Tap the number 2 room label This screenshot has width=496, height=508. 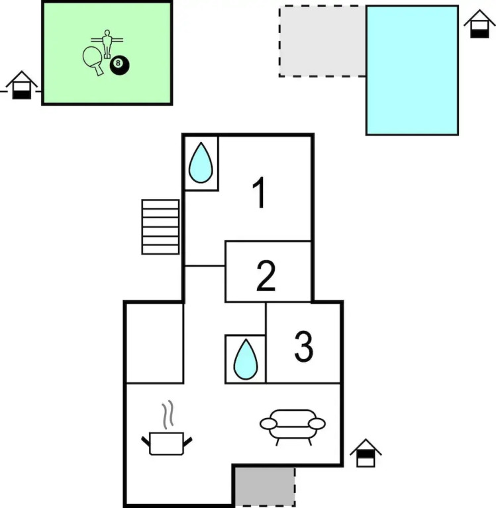(x=266, y=276)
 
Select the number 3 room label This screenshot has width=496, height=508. (x=304, y=346)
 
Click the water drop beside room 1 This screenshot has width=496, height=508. (x=201, y=163)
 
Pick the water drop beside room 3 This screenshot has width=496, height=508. (x=246, y=359)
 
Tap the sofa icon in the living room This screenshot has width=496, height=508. (x=293, y=427)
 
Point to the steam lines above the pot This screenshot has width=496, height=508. (x=168, y=414)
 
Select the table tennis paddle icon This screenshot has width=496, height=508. (x=93, y=60)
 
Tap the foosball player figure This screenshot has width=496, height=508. (x=107, y=44)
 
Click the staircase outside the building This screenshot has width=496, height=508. (x=160, y=227)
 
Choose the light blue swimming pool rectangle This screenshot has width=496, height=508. (x=412, y=70)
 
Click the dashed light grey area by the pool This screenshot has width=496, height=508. (x=322, y=41)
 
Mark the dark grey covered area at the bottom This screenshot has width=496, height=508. (x=265, y=486)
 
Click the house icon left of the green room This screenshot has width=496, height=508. (x=21, y=85)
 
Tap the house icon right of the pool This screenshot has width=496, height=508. (x=479, y=24)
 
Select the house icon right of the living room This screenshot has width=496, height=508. (x=366, y=453)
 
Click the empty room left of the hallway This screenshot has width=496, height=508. (x=155, y=343)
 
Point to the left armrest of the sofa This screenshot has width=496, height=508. (x=269, y=423)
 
